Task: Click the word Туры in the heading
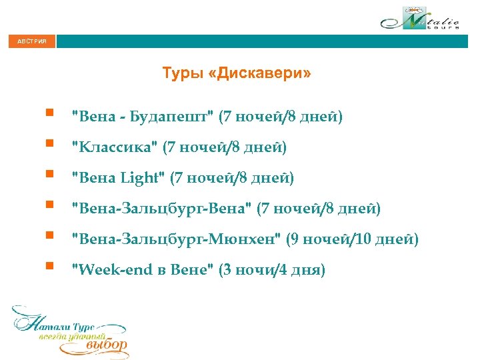(182, 73)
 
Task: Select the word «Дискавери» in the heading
(259, 73)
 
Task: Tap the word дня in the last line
(309, 271)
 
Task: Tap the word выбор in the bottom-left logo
(107, 346)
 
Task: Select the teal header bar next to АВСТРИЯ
(267, 41)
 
